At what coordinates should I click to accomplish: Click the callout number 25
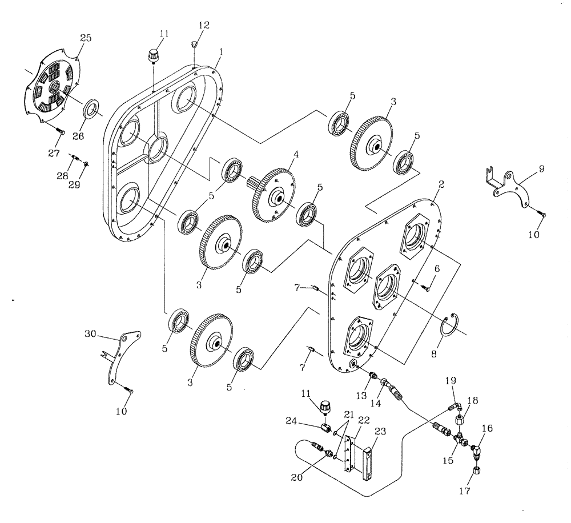coord(85,38)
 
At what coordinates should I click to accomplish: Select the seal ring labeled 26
coord(91,108)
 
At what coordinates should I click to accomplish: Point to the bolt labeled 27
coord(60,132)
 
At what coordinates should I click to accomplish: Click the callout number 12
coord(204,25)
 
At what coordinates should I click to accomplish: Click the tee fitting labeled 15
coord(462,440)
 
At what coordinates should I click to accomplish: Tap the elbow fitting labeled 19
coord(454,407)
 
